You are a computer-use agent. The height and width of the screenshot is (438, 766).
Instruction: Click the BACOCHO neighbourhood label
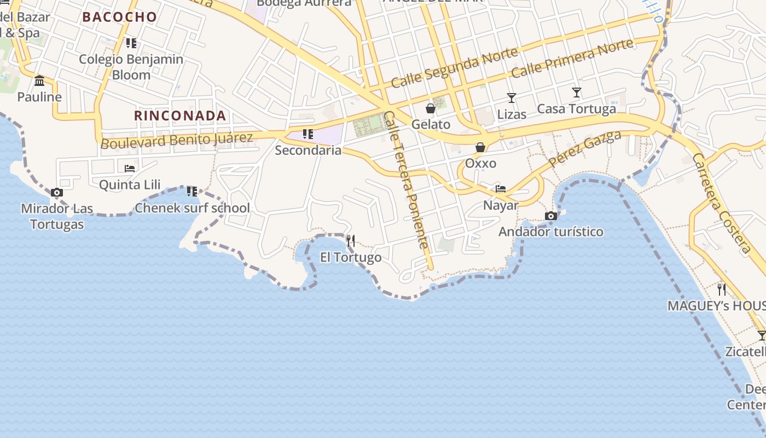tap(119, 17)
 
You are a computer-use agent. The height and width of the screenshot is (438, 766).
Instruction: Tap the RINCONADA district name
tap(180, 116)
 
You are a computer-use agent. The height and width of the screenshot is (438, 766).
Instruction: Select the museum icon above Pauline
tap(39, 81)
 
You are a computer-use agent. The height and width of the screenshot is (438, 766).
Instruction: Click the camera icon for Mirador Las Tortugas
tap(56, 193)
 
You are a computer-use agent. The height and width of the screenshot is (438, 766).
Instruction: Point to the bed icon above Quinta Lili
tap(130, 168)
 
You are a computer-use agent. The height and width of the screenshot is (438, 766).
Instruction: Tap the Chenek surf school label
tap(192, 208)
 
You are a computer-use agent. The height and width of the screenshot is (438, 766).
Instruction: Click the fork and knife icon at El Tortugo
tap(351, 240)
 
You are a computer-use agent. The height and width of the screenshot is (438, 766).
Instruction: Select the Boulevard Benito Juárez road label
tap(177, 140)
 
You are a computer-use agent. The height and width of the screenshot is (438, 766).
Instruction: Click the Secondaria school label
tap(308, 150)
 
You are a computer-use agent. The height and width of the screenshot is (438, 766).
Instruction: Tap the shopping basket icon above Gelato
tap(431, 108)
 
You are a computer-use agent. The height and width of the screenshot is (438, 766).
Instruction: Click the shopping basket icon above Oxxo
tap(480, 147)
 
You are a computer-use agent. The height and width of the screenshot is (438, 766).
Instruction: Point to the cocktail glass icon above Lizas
tap(512, 98)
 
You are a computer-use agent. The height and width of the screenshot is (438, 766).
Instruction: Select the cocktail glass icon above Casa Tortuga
tap(576, 92)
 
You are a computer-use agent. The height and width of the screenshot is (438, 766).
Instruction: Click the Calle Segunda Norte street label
tap(454, 68)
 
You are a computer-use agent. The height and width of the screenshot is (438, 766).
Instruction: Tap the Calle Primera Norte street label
tap(572, 58)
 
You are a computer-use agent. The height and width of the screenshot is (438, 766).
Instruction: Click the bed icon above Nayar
tap(501, 189)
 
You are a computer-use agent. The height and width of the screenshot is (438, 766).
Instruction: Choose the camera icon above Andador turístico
tap(551, 216)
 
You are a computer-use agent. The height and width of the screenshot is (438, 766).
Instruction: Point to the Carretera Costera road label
tap(722, 204)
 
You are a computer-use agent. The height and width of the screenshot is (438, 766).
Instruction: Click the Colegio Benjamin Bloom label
tap(131, 67)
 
